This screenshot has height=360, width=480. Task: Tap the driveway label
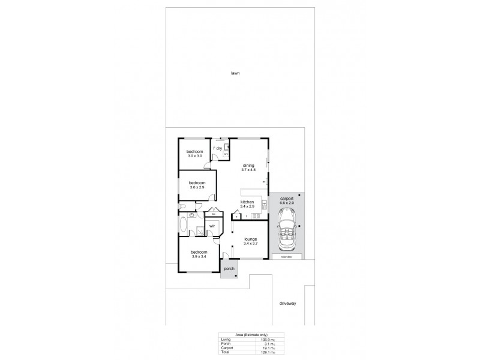[287, 304]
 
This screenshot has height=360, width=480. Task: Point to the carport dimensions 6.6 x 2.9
[286, 203]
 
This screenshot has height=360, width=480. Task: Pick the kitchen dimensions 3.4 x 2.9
[248, 206]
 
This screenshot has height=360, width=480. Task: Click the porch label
[229, 268]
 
